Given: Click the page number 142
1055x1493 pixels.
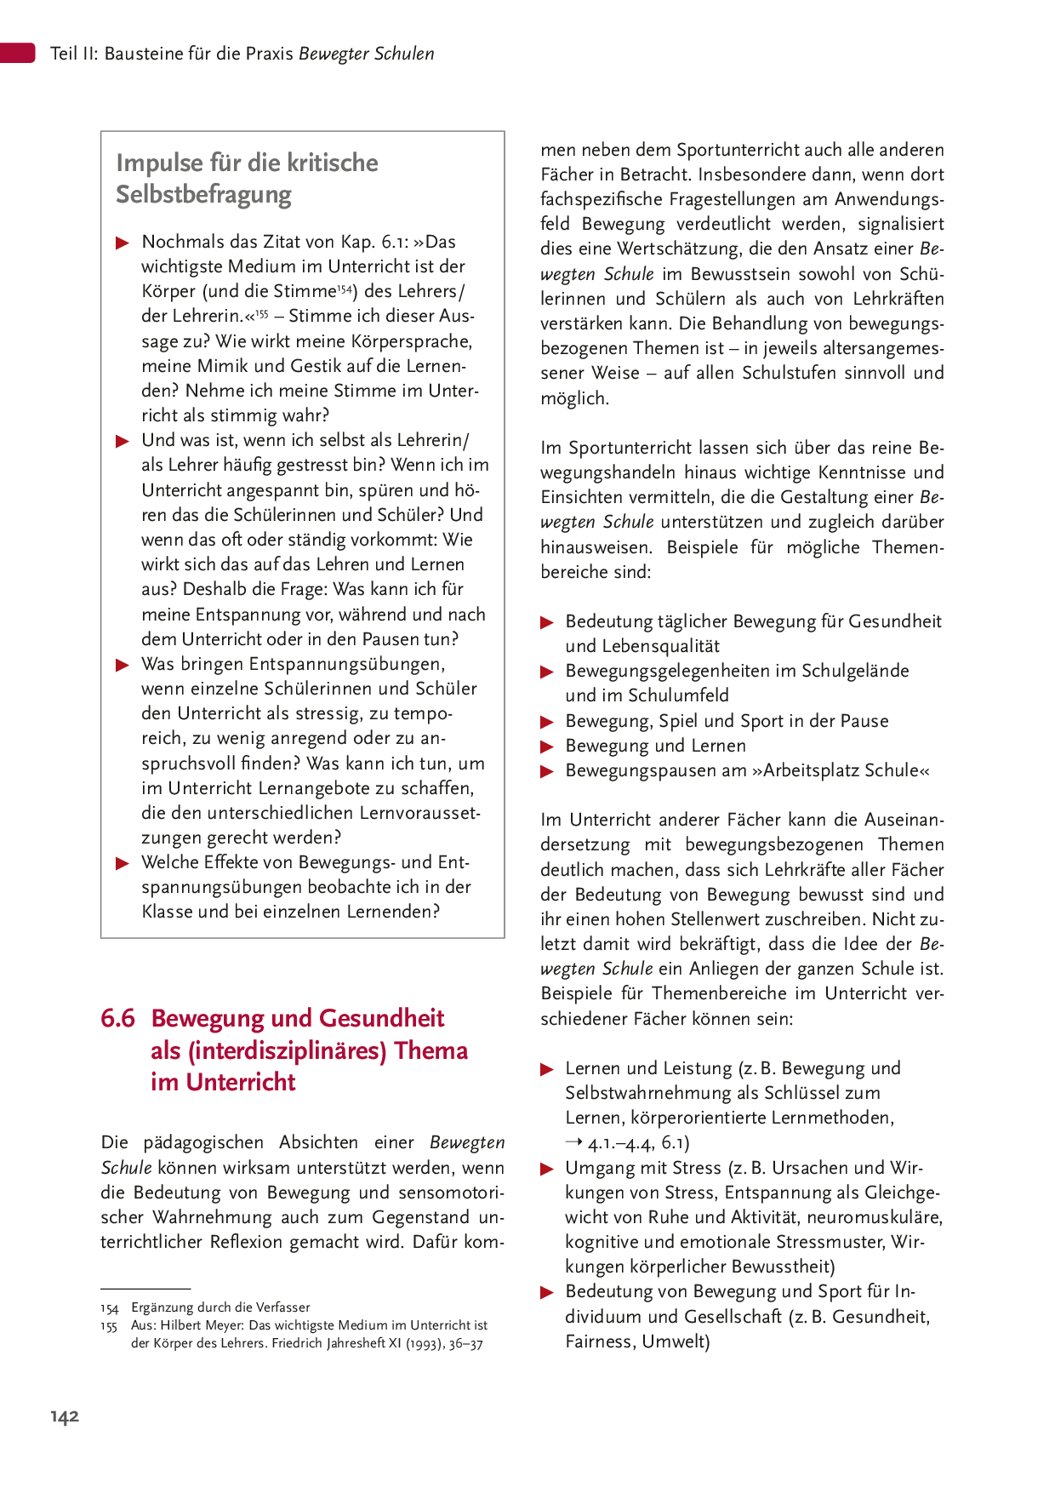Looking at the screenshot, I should click(x=65, y=1416).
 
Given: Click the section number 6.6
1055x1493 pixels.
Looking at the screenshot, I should click(x=117, y=1018).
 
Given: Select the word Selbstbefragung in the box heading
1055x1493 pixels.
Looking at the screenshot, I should click(x=203, y=194).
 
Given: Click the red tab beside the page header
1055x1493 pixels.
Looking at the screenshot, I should click(x=17, y=53).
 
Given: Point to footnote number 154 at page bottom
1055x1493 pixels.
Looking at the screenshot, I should click(x=109, y=1308).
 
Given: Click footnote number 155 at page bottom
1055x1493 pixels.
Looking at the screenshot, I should click(x=109, y=1326).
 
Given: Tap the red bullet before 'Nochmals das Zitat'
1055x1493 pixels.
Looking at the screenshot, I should click(x=123, y=243).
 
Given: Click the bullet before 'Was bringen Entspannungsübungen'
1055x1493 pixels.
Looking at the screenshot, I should click(x=123, y=665).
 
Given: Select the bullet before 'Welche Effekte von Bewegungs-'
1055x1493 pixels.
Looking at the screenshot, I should click(x=123, y=864).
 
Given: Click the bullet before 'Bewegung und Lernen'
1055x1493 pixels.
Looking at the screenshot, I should click(x=547, y=747).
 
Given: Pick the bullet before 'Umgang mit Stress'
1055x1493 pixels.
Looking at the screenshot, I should click(x=547, y=1169).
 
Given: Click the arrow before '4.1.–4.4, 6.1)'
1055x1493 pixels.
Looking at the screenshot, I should click(x=574, y=1142).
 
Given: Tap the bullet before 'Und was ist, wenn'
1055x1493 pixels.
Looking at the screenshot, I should click(x=123, y=441).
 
